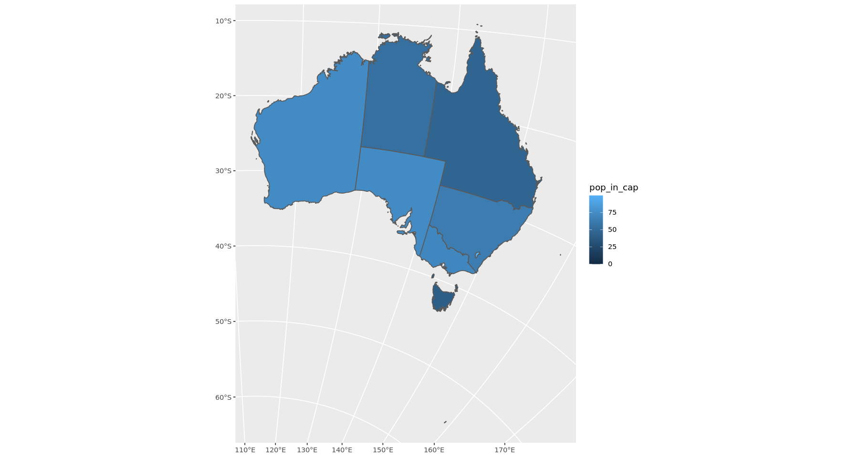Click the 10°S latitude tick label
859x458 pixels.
click(x=223, y=21)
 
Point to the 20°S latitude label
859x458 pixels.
click(x=223, y=96)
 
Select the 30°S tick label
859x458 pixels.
click(x=223, y=171)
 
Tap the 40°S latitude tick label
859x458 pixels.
click(x=223, y=246)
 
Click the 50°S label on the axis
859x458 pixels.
click(x=223, y=322)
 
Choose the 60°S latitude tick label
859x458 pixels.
click(x=223, y=397)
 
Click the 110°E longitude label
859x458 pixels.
click(x=245, y=450)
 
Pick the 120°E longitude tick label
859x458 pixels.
click(x=276, y=450)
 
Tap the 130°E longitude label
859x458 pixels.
click(x=307, y=450)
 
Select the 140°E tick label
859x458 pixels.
click(x=342, y=450)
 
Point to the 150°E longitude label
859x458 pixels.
click(x=383, y=450)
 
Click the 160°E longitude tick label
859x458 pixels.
click(x=434, y=450)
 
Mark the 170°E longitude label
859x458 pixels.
click(x=504, y=450)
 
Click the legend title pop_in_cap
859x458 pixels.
click(x=614, y=187)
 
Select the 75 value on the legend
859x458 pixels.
click(x=612, y=212)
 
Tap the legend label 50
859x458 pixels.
click(x=612, y=229)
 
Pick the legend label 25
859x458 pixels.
click(x=612, y=247)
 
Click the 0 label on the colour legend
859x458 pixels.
click(x=610, y=264)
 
